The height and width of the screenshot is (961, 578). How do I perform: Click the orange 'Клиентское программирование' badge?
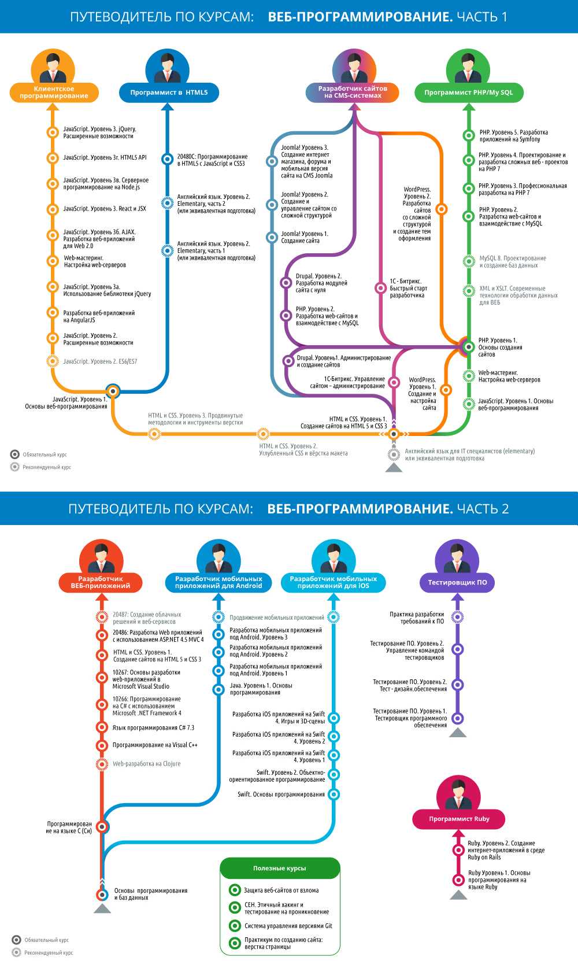pyautogui.click(x=54, y=93)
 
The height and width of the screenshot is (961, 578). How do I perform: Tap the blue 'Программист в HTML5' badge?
pyautogui.click(x=169, y=93)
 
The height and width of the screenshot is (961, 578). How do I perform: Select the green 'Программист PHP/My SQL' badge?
pyautogui.click(x=468, y=93)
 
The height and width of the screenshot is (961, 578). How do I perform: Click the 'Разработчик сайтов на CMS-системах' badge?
pyautogui.click(x=353, y=93)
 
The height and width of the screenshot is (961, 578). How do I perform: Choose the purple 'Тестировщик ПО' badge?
pyautogui.click(x=457, y=582)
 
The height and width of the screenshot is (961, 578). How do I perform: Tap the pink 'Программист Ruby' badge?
pyautogui.click(x=459, y=819)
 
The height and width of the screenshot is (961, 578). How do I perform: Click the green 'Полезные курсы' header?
pyautogui.click(x=280, y=868)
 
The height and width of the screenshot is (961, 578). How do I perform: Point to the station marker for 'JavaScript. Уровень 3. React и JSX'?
pyautogui.click(x=53, y=209)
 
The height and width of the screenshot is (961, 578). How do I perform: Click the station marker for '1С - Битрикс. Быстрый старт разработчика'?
pyautogui.click(x=380, y=288)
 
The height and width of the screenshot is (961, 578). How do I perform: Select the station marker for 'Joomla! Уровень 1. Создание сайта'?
pyautogui.click(x=272, y=237)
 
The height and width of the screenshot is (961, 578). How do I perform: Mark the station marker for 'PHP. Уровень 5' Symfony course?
pyautogui.click(x=469, y=136)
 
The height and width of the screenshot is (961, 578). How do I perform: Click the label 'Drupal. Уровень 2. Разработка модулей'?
pyautogui.click(x=321, y=283)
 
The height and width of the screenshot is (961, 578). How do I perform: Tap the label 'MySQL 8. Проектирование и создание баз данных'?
pyautogui.click(x=512, y=262)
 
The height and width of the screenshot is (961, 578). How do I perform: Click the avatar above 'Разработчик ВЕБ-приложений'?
pyautogui.click(x=101, y=557)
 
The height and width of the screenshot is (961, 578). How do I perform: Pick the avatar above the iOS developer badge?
pyautogui.click(x=333, y=557)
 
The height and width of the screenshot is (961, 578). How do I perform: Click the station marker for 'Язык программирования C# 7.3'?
pyautogui.click(x=102, y=728)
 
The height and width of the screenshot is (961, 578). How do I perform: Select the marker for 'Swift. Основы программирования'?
pyautogui.click(x=334, y=794)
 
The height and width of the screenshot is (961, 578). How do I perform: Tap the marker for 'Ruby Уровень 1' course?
pyautogui.click(x=458, y=880)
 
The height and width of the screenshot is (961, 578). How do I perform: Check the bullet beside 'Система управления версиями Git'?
pyautogui.click(x=235, y=926)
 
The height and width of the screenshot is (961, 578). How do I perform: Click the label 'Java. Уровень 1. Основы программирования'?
pyautogui.click(x=261, y=689)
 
